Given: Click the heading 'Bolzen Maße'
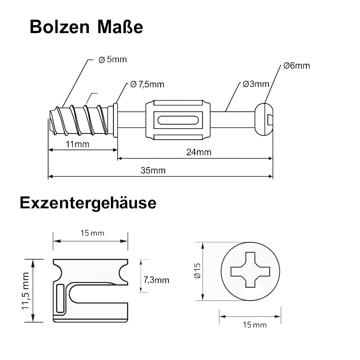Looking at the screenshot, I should point(86,27).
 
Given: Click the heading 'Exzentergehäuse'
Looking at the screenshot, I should point(88,203).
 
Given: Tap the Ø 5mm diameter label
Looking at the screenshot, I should point(113,59).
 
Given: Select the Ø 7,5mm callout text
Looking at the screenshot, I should point(147,85).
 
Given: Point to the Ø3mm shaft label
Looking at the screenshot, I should point(256,84).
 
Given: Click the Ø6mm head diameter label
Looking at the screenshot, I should point(296,66).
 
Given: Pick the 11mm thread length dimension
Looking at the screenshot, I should point(77,144).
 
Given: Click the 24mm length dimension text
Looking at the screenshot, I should point(199,152).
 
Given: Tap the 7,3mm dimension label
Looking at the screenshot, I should point(156,280).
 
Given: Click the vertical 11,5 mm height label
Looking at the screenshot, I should point(26,291).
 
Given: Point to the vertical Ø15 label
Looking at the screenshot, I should point(197,271).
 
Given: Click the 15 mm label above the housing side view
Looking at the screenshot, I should point(92,233).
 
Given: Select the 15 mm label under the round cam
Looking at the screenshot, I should point(255,325).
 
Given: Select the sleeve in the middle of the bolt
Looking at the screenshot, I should point(177,120).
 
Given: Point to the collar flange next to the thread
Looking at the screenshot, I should point(115,120).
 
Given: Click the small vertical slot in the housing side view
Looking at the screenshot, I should point(60,298).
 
